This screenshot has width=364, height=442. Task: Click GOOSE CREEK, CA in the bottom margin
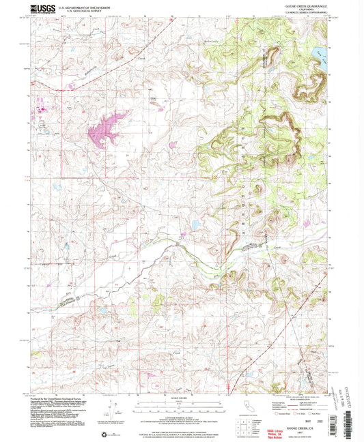pyautogui.click(x=299, y=410)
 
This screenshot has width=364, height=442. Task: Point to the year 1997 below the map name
pyautogui.click(x=299, y=415)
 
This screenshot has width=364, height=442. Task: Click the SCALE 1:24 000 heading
pyautogui.click(x=180, y=397)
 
